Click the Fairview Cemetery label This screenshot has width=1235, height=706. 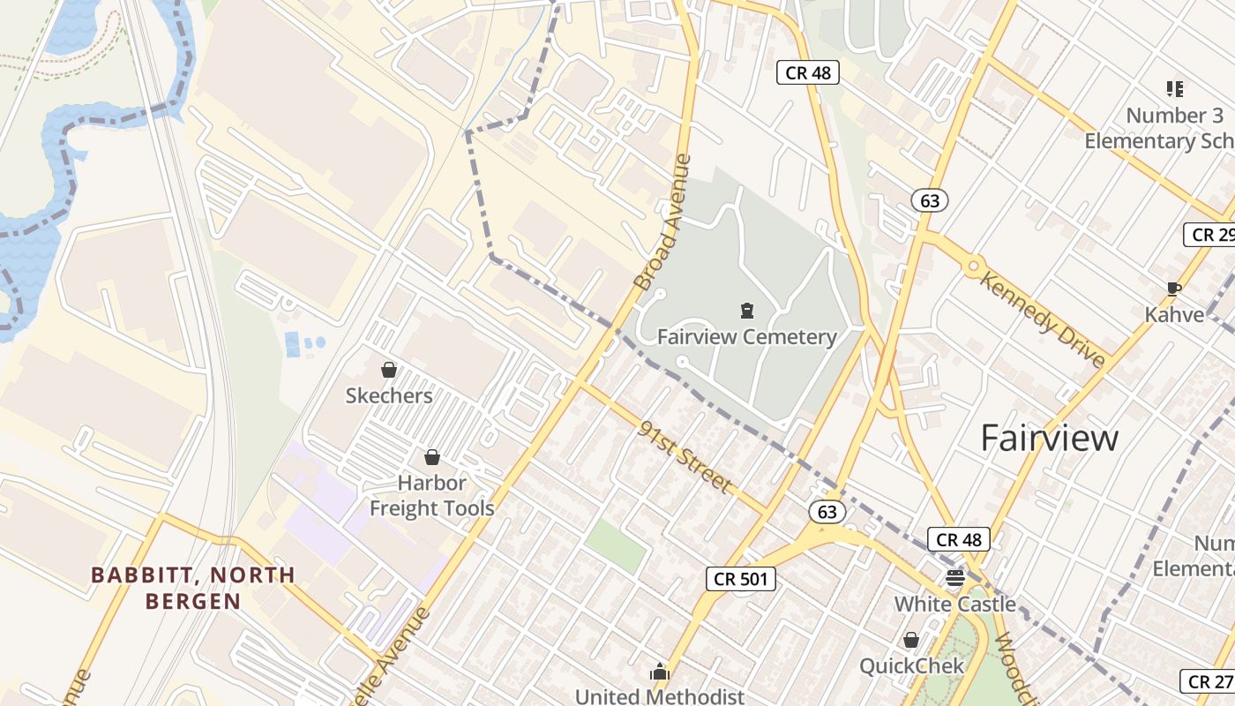point(746,337)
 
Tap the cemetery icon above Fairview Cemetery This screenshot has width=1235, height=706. point(747,310)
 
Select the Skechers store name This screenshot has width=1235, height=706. point(389,395)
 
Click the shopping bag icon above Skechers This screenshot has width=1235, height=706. point(388,370)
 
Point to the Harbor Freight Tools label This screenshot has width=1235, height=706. point(431,495)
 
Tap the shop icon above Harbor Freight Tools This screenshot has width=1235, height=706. point(432,457)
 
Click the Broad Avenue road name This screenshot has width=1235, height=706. point(663,222)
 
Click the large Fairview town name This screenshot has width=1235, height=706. point(1050,438)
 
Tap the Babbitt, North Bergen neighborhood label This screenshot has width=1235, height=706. point(193,588)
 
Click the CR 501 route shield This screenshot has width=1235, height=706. point(741,579)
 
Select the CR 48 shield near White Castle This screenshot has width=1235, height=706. point(958,539)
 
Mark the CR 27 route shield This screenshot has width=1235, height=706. point(1209,680)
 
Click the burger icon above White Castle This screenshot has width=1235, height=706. point(955,578)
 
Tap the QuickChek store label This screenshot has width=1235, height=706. point(912,665)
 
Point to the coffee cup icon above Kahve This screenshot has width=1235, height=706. point(1174,289)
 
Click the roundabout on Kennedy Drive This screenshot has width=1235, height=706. point(973,265)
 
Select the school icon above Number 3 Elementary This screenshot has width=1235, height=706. point(1174,88)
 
